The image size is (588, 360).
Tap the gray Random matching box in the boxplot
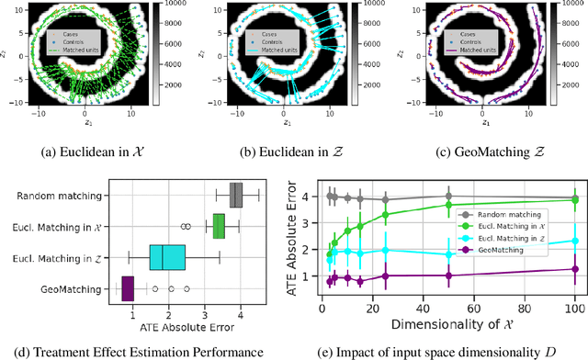coord(235,195)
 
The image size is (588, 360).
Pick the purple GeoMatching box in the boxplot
coord(128,288)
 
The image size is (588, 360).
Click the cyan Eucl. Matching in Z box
coord(167,257)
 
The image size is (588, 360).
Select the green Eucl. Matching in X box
coord(219,226)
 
